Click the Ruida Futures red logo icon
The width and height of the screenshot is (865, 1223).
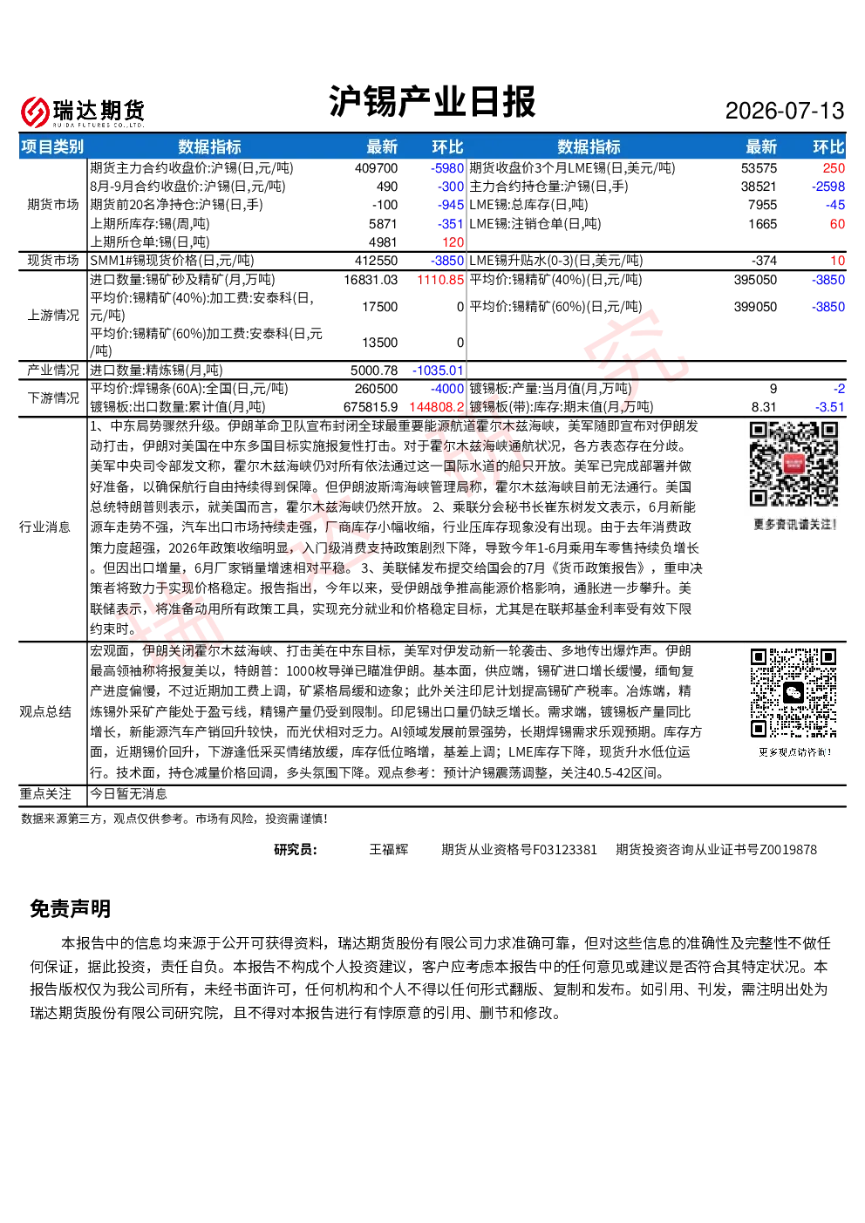point(35,112)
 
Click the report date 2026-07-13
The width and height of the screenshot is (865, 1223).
point(784,111)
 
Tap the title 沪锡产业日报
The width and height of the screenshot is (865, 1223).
point(432,101)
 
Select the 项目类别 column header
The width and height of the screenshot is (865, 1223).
point(52,146)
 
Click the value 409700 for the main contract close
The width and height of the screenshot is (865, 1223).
point(376,168)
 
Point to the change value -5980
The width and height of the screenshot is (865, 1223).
point(446,168)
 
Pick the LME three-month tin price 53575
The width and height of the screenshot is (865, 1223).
point(759,168)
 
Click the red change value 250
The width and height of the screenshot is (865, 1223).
point(834,168)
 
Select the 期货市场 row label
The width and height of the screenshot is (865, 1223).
point(53,205)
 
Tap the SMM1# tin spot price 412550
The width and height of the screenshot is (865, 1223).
point(376,261)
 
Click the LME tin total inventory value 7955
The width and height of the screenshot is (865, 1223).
point(762,205)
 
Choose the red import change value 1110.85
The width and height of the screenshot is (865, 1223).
point(440,280)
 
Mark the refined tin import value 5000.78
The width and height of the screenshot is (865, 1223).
point(373,370)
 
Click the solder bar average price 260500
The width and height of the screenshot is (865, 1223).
point(376,389)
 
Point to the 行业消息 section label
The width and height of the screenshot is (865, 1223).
point(44,527)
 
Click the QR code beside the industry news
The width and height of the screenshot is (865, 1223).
point(793,465)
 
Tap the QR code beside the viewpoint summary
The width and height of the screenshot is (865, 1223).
point(793,693)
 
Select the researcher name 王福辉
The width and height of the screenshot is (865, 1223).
point(388,850)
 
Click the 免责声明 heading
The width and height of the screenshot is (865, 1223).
point(71,909)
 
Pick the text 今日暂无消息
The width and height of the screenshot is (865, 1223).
point(128,793)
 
